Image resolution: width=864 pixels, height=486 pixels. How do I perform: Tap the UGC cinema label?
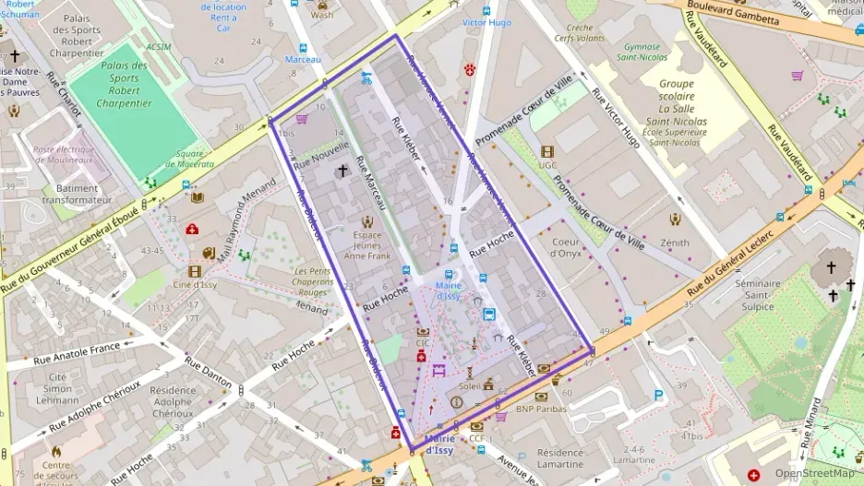547,165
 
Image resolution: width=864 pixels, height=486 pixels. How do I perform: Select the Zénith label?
675,243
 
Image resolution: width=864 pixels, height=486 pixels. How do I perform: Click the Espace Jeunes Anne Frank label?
367,245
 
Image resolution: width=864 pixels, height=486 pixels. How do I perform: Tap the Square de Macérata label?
189,159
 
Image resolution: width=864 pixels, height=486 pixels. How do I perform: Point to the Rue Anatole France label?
78,354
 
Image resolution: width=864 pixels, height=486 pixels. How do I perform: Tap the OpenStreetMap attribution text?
813,473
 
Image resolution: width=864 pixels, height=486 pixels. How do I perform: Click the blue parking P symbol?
658,396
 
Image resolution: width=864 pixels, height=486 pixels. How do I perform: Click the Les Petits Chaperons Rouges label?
313,281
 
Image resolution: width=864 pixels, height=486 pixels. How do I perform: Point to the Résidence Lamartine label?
559,458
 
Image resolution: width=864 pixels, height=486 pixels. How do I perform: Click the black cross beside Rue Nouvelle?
342,171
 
